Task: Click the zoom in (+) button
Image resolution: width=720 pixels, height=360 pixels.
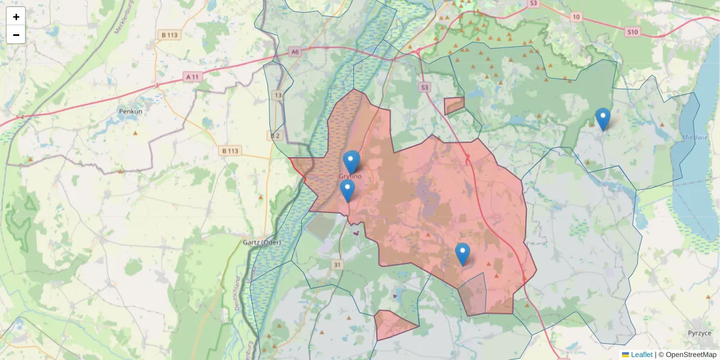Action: [16, 17]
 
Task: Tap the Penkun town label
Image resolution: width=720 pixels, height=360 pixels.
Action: [130, 112]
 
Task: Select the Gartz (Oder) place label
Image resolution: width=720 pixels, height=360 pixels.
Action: [262, 242]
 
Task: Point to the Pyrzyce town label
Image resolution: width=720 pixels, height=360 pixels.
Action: [700, 333]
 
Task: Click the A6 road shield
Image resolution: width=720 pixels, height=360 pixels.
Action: [294, 52]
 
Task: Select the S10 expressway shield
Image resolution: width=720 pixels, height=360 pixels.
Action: [632, 32]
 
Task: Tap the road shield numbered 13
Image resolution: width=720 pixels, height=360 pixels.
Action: [278, 95]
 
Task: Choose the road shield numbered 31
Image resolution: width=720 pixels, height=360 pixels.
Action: [338, 265]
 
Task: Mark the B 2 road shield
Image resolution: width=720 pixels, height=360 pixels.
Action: [275, 136]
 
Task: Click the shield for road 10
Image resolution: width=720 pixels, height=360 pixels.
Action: [577, 17]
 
